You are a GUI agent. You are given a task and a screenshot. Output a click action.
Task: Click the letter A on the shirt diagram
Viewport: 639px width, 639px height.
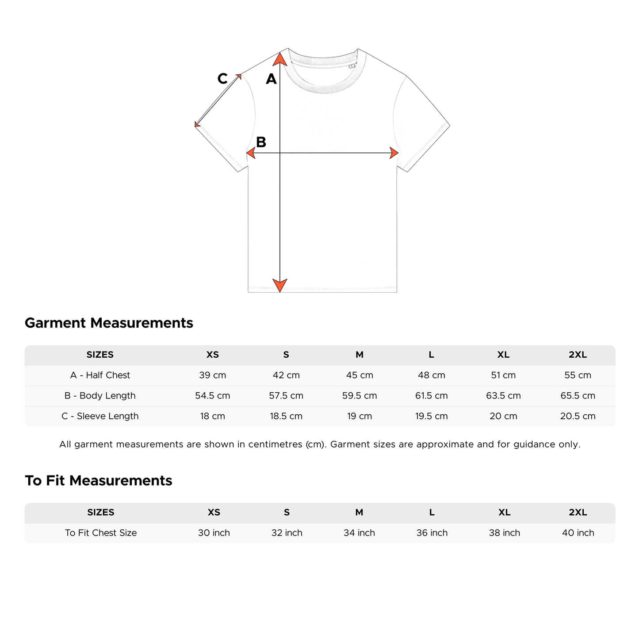[x=271, y=79]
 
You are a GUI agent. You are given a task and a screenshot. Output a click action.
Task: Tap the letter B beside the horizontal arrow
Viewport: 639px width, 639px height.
[x=261, y=142]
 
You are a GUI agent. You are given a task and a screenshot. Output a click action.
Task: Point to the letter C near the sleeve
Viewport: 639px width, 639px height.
[x=222, y=79]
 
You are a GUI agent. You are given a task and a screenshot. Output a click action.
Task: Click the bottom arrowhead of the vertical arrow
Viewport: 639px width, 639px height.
[x=280, y=285]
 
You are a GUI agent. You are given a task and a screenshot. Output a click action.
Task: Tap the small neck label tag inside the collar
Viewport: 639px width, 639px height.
[x=352, y=66]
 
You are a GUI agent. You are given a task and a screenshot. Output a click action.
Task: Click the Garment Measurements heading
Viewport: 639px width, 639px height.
[x=109, y=323]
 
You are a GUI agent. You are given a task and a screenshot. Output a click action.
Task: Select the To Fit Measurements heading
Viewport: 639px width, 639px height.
[x=98, y=481]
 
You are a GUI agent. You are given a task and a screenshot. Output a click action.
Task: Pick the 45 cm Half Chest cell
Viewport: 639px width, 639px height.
[x=360, y=375]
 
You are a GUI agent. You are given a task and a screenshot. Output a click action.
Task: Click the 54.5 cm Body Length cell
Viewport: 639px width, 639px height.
[x=213, y=396]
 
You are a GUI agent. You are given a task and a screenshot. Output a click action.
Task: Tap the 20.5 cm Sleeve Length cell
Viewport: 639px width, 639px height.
[x=578, y=416]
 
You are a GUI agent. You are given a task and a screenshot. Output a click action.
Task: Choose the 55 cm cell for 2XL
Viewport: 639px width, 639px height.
[x=578, y=375]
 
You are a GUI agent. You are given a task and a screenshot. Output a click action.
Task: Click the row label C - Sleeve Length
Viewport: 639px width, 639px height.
[x=100, y=416]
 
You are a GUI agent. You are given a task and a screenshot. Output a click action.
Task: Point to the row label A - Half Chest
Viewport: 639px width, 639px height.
[x=100, y=375]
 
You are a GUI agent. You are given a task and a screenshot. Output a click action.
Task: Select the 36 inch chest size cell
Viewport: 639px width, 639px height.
[x=432, y=533]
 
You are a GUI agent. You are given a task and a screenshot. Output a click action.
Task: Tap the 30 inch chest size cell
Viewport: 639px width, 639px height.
[x=214, y=533]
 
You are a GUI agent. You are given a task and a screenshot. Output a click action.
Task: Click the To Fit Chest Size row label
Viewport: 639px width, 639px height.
[x=101, y=533]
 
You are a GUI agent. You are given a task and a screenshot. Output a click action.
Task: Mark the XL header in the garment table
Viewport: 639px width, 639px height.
[x=503, y=355]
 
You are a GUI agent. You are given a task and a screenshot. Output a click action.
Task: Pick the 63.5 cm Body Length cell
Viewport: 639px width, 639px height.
[x=503, y=396]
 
